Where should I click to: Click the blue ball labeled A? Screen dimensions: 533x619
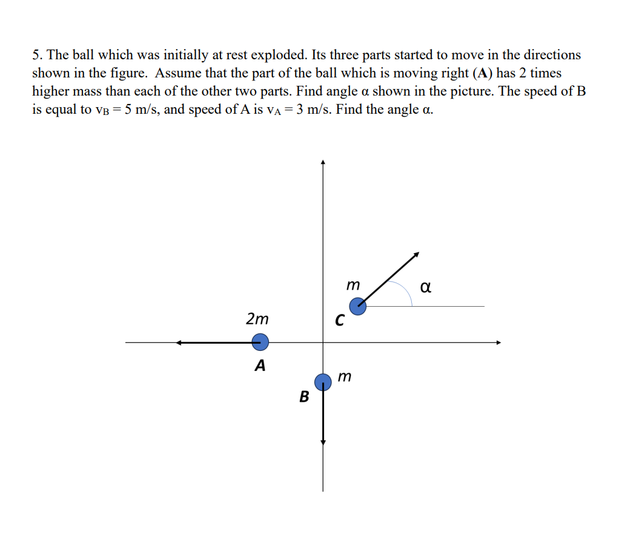pos(260,342)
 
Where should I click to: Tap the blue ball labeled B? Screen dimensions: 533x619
pos(323,382)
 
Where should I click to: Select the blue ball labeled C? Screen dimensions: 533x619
pos(358,307)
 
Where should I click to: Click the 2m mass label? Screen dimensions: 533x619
pos(257,319)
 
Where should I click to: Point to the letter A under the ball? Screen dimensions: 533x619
pos(260,365)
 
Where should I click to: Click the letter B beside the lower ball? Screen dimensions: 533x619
pos(304,397)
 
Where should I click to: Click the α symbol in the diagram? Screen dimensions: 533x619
pos(425,287)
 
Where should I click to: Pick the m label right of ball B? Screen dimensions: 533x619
pos(344,377)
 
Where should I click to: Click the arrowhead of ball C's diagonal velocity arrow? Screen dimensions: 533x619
pos(417,255)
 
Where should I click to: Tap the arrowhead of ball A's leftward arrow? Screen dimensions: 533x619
pos(179,343)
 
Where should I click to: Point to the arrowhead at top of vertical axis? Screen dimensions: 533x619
pos(323,162)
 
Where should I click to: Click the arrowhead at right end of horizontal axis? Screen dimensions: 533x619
pos(499,343)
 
